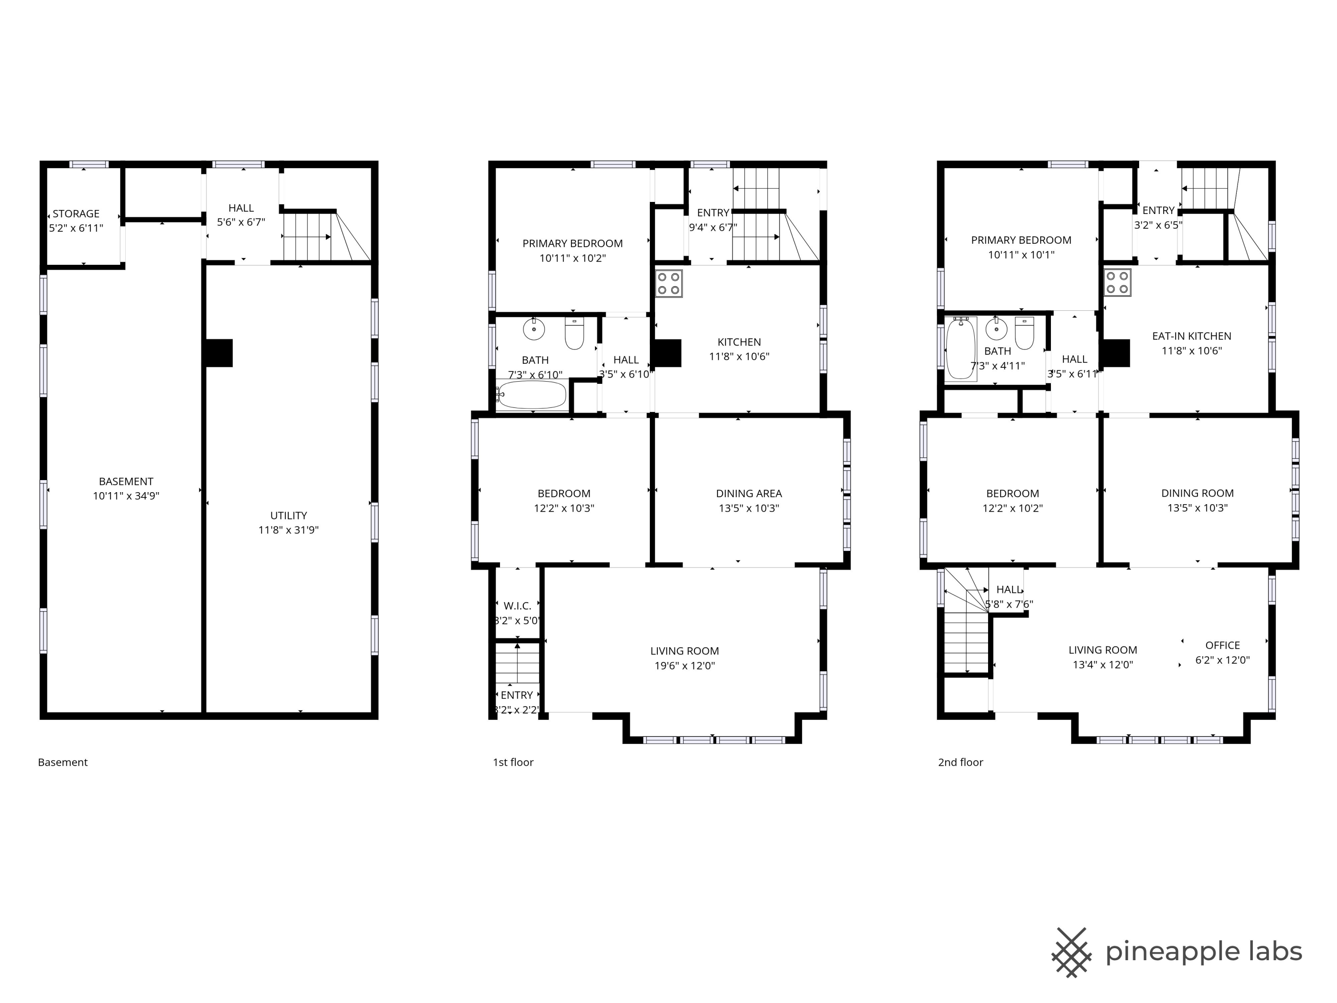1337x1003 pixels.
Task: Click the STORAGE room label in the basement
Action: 76,214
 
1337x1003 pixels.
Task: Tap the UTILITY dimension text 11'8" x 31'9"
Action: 288,530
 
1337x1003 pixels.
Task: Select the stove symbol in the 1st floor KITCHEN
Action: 669,284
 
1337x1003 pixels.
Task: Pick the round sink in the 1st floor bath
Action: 534,329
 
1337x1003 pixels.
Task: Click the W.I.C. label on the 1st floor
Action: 517,606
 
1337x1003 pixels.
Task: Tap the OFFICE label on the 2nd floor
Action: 1222,645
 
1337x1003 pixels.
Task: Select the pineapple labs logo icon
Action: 1071,953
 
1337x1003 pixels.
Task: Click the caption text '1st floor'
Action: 513,762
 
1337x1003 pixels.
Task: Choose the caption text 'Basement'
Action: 63,762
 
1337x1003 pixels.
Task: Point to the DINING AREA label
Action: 749,493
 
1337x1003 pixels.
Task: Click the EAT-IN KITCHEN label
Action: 1191,336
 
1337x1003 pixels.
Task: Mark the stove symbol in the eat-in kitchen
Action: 1118,282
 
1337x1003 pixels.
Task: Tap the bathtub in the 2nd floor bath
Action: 960,349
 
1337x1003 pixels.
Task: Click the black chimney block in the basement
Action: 219,353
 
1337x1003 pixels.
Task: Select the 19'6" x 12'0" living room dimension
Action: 684,666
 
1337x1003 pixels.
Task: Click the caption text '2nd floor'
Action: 960,762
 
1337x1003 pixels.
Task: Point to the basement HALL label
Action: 241,208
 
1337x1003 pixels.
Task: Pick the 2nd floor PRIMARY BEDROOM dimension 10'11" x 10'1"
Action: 1021,255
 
